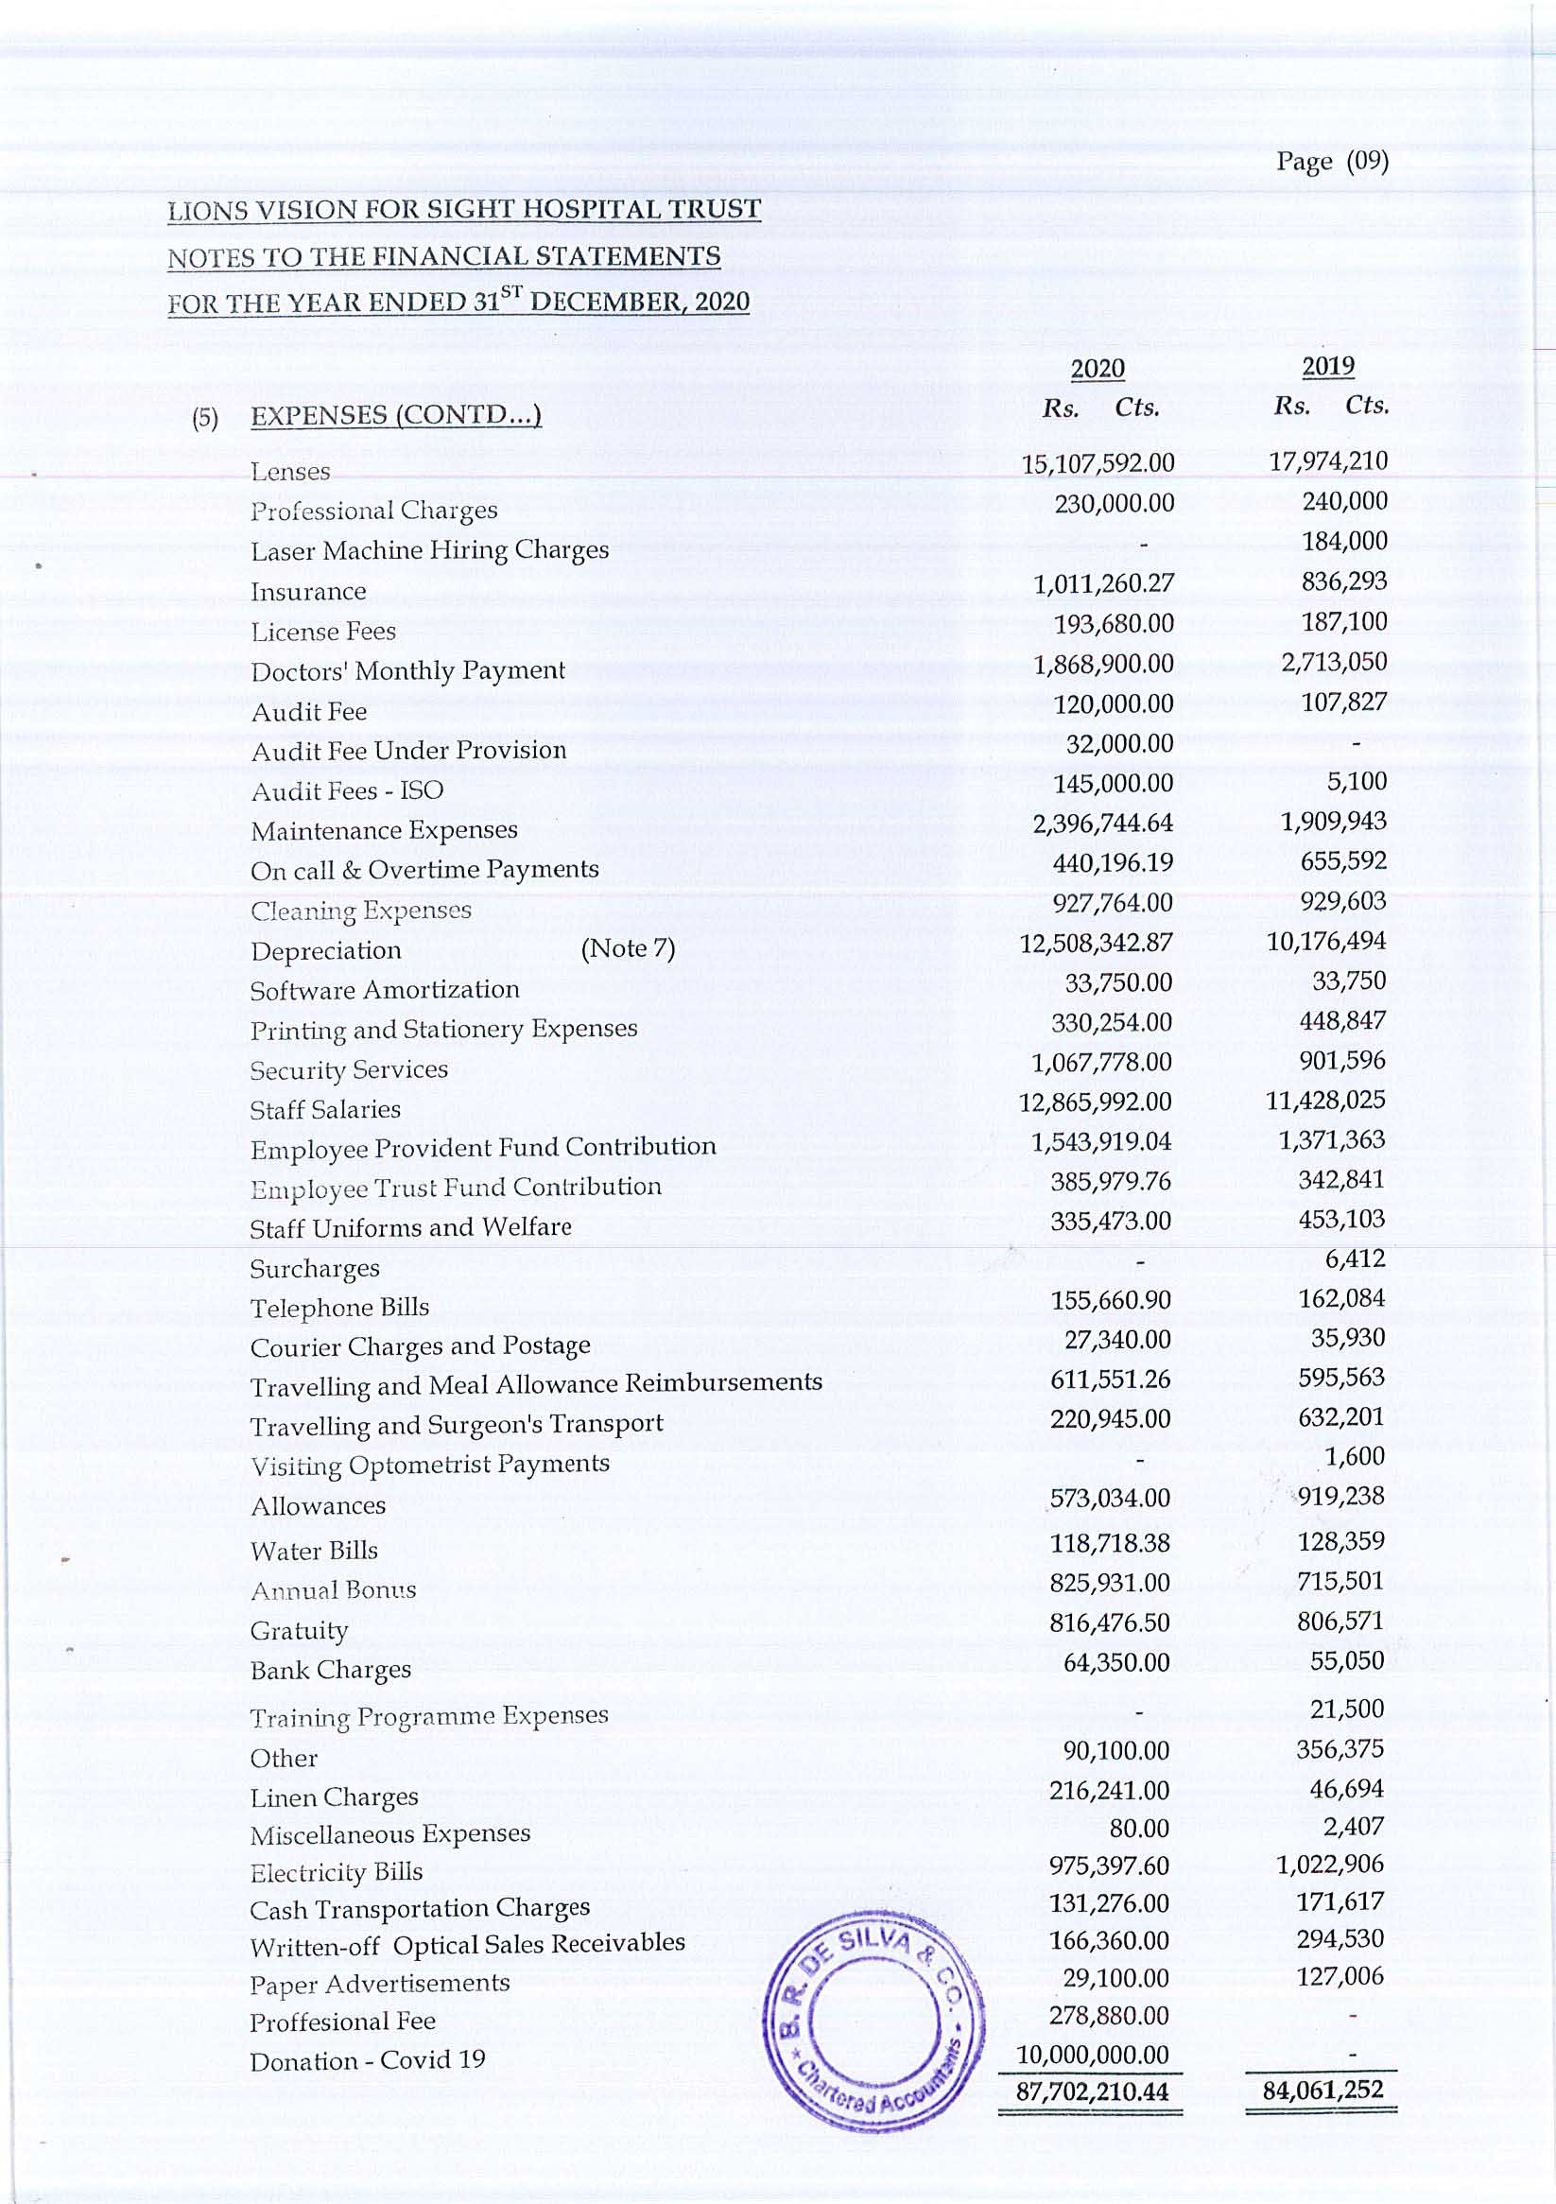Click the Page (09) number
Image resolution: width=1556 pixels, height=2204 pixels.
[x=1331, y=162]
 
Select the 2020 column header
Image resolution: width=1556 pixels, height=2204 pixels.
[x=1098, y=369]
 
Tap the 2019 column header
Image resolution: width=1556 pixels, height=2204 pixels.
[x=1327, y=366]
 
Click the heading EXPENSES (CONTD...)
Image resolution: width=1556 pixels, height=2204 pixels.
[x=395, y=416]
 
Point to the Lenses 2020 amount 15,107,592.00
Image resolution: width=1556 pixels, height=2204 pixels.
[x=1098, y=463]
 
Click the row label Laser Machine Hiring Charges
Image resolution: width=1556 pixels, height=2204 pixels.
[x=429, y=551]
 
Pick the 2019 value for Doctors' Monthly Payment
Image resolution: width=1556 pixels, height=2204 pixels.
[x=1333, y=663]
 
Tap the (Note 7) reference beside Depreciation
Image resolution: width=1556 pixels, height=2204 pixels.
[x=628, y=948]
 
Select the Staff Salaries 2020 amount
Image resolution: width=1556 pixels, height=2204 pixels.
[x=1096, y=1102]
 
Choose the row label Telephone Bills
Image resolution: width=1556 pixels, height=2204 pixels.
[x=338, y=1309]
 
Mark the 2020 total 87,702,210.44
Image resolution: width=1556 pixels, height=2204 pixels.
[x=1093, y=2091]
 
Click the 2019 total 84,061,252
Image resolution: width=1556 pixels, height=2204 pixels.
[x=1323, y=2090]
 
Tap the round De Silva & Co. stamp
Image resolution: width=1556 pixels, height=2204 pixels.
[x=874, y=2019]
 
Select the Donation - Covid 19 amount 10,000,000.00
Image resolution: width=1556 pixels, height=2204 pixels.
[x=1093, y=2055]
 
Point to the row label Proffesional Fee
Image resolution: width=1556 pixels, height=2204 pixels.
[x=343, y=2022]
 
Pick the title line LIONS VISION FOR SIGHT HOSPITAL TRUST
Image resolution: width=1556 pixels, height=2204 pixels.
[x=463, y=209]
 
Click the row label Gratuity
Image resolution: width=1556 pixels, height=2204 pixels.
[x=299, y=1631]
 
